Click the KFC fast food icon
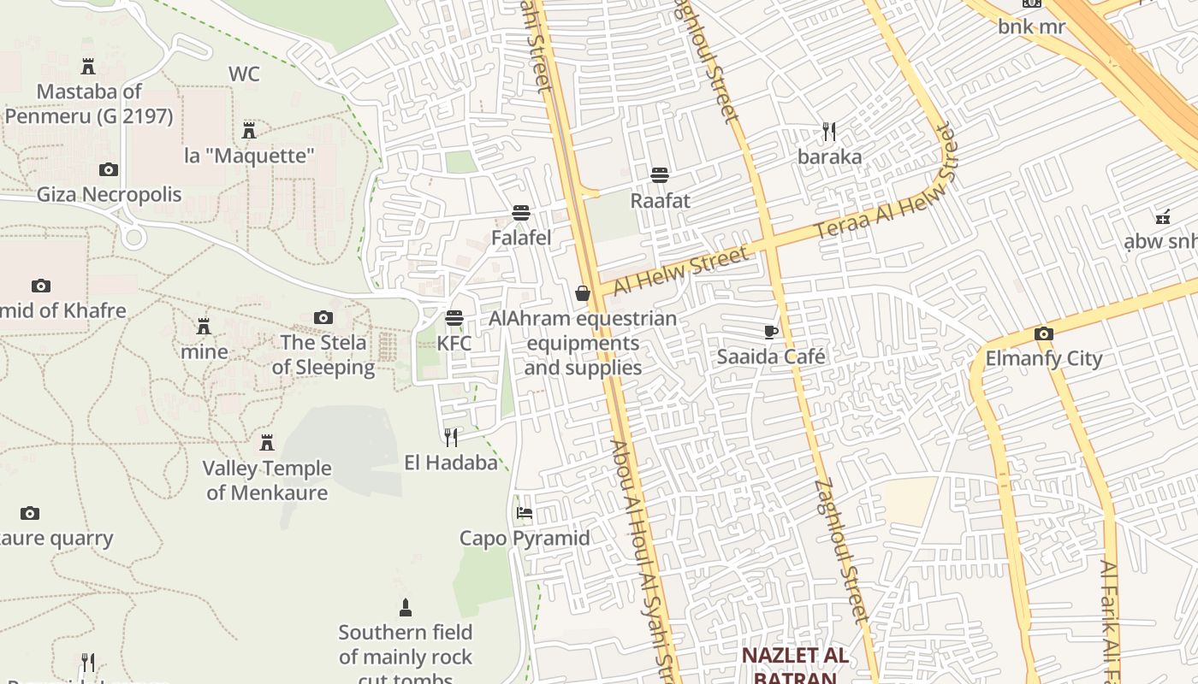(454, 318)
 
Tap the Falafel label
(521, 238)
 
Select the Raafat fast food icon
(660, 175)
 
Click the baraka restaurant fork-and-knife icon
(829, 131)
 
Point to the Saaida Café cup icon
(771, 332)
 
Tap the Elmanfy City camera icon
(1043, 333)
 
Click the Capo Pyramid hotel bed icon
(525, 513)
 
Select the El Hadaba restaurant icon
(451, 438)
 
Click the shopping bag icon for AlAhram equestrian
(583, 293)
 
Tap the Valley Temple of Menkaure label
(267, 481)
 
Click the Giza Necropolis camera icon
(109, 169)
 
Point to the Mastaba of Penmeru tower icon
(88, 66)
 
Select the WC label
(244, 74)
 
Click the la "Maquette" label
(250, 156)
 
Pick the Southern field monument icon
(406, 608)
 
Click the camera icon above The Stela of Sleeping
(323, 318)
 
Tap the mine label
(205, 351)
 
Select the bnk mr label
(1031, 27)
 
